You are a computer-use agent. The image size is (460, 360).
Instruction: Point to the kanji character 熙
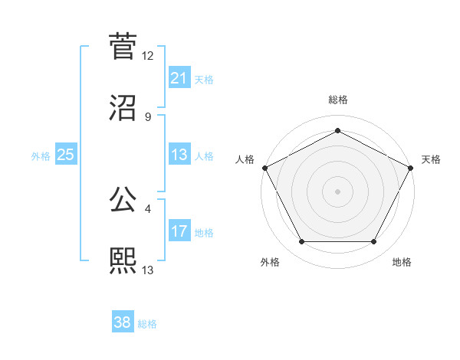pyautogui.click(x=123, y=260)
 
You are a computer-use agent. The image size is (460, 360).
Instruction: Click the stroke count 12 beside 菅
pyautogui.click(x=148, y=56)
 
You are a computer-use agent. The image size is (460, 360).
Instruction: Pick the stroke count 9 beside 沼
pyautogui.click(x=148, y=116)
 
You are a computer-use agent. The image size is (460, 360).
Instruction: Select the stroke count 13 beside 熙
pyautogui.click(x=148, y=270)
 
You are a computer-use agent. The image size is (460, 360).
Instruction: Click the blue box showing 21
pyautogui.click(x=179, y=78)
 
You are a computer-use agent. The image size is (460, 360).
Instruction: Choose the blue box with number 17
pyautogui.click(x=179, y=231)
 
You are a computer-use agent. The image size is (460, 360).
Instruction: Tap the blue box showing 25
pyautogui.click(x=65, y=155)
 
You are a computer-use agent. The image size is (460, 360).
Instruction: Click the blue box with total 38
pyautogui.click(x=122, y=322)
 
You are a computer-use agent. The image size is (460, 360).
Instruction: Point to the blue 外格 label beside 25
pyautogui.click(x=41, y=155)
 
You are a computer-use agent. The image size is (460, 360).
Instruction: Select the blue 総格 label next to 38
pyautogui.click(x=147, y=323)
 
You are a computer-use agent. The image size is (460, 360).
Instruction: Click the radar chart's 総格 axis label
pyautogui.click(x=338, y=100)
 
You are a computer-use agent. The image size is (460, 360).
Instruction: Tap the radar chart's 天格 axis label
pyautogui.click(x=431, y=159)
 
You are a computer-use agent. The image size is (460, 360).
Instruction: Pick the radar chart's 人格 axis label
pyautogui.click(x=245, y=159)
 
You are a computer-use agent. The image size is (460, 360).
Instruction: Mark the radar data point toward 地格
pyautogui.click(x=374, y=242)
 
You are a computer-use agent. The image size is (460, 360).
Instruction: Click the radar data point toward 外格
pyautogui.click(x=301, y=242)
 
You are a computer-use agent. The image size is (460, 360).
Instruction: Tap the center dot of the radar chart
pyautogui.click(x=338, y=191)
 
